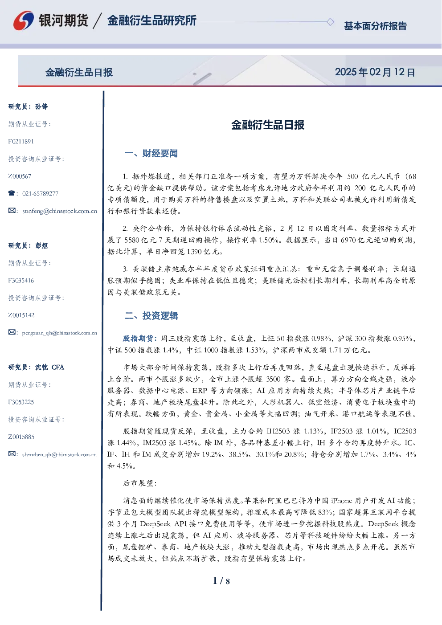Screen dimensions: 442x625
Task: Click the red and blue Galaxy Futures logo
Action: [24, 20]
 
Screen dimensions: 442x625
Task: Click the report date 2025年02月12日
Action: [375, 72]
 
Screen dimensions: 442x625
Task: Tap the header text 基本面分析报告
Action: [375, 26]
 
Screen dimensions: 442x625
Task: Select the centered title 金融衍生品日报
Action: [268, 125]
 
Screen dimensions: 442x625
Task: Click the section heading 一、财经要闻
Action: [151, 153]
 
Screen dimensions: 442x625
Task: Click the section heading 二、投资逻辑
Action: [151, 315]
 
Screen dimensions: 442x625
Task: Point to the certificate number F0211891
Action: [21, 142]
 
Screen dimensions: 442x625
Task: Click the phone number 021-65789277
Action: [40, 193]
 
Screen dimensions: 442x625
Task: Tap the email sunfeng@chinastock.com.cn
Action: [60, 211]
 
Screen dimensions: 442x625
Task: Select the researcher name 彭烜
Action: [41, 245]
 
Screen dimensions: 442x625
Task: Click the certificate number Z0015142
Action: [21, 315]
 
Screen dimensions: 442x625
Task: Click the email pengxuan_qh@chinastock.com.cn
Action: [59, 333]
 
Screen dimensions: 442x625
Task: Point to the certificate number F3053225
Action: [21, 402]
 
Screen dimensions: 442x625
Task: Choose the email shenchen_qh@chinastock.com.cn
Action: [59, 454]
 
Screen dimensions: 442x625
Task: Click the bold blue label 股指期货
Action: [138, 339]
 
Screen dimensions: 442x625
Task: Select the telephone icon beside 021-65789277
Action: [12, 193]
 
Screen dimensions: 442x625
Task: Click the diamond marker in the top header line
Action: [330, 22]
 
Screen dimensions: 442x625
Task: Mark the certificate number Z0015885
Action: [21, 437]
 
